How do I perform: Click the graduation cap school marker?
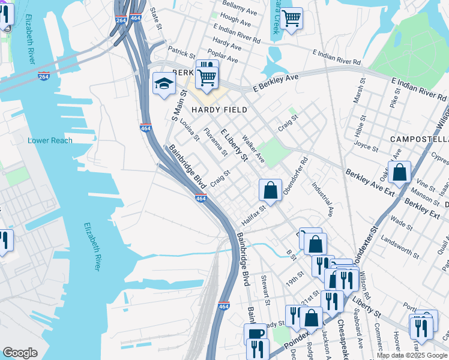tap(163, 85)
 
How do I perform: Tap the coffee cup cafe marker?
tap(255, 334)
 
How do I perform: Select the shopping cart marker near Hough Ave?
tap(291, 19)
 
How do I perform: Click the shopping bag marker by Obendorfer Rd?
tap(271, 190)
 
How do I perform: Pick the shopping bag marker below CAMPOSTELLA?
tap(399, 172)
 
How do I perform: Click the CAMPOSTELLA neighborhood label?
tap(418, 139)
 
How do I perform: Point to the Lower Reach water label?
tap(50, 140)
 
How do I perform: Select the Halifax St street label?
tap(253, 214)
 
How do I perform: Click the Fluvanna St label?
tap(215, 142)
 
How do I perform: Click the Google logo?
tap(20, 353)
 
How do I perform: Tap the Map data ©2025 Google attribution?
tap(411, 355)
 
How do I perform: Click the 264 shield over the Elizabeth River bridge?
tap(44, 76)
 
